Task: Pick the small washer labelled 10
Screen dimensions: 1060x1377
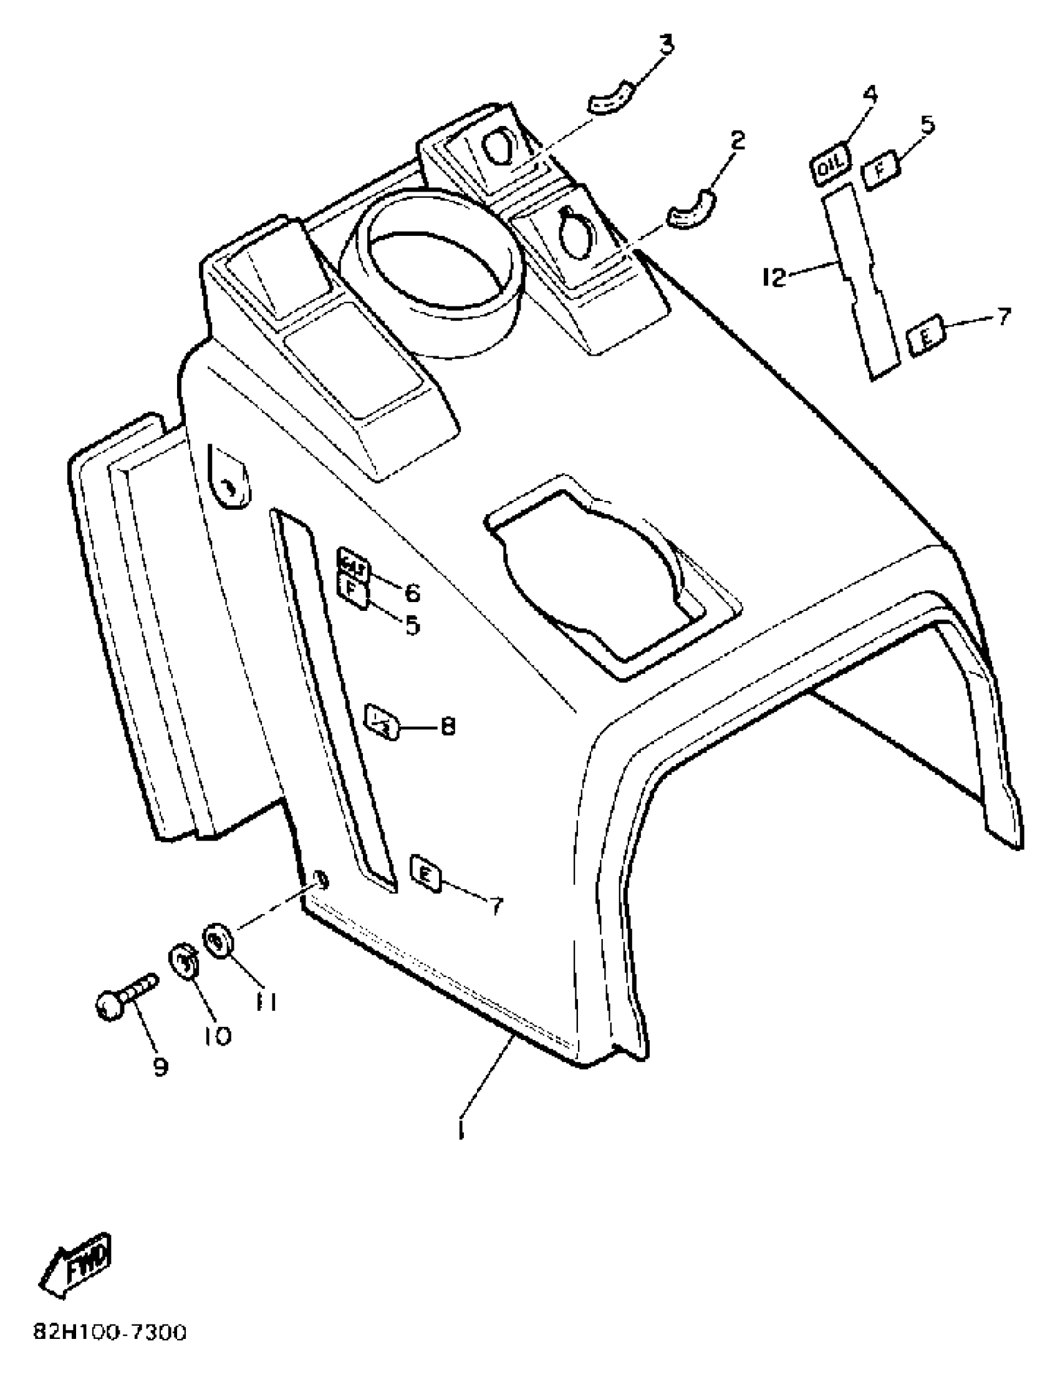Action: pos(183,963)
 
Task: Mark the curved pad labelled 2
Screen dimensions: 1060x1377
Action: pos(691,208)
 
